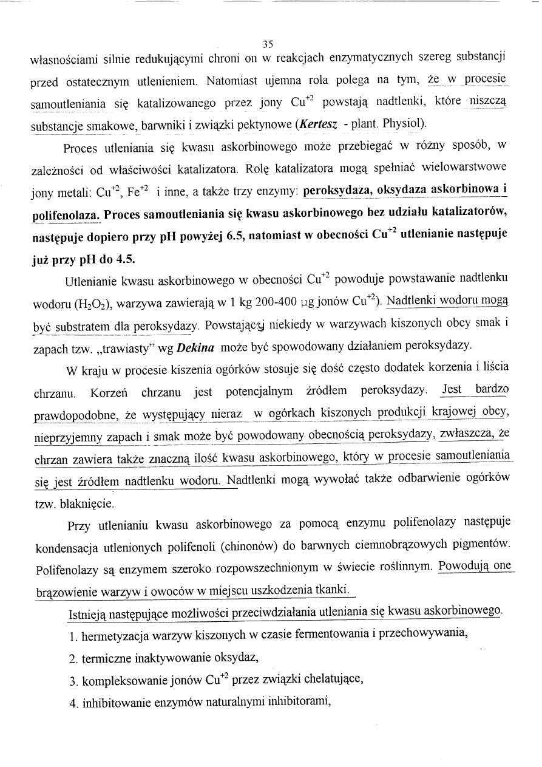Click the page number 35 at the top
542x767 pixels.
(x=269, y=43)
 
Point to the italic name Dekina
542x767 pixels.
(x=195, y=346)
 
